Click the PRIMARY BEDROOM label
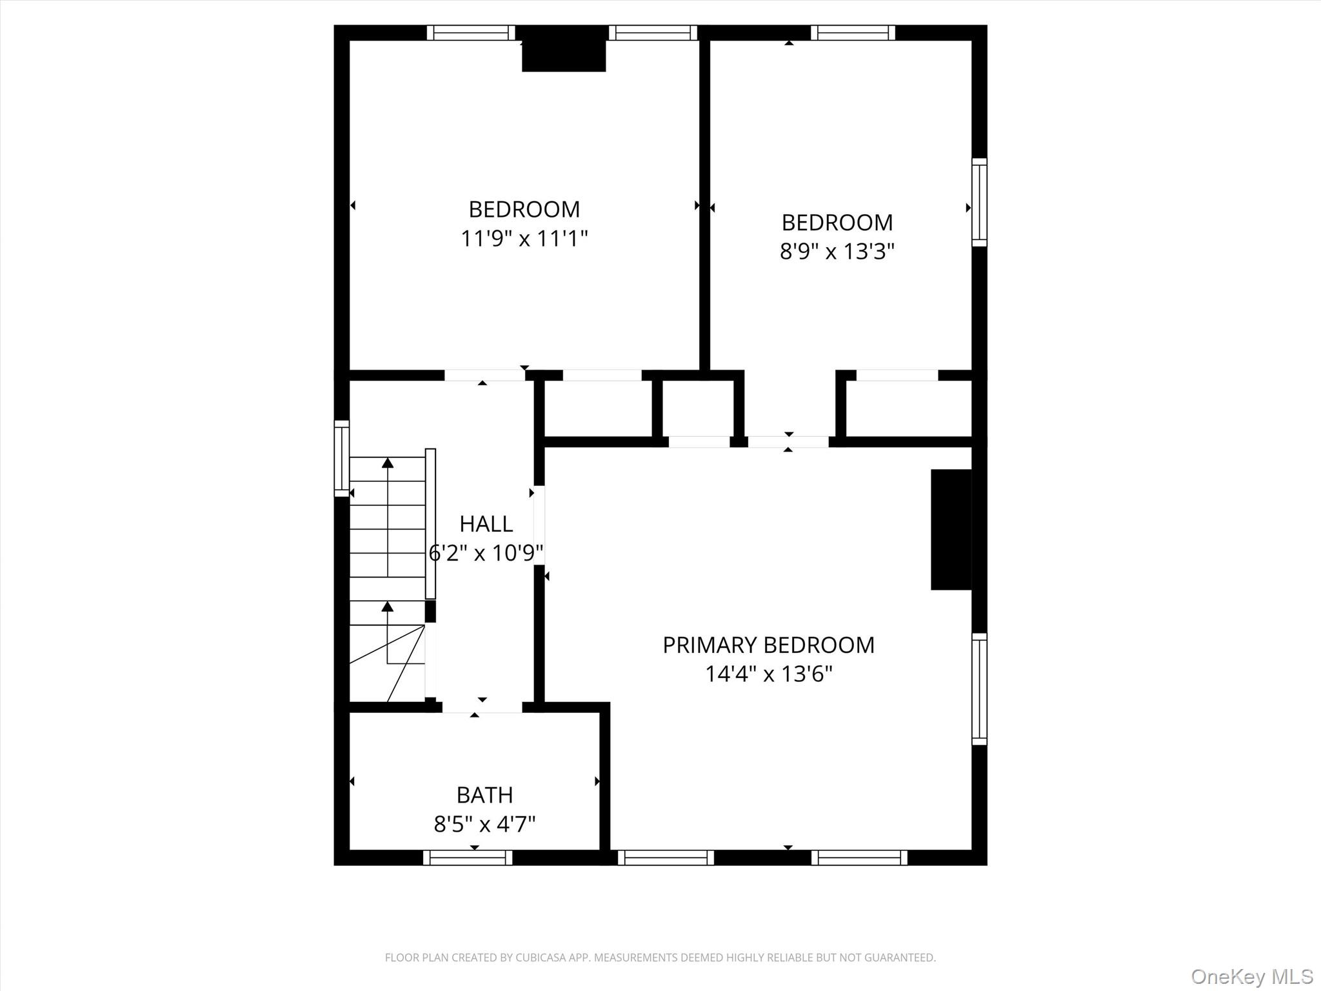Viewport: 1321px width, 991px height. pyautogui.click(x=768, y=645)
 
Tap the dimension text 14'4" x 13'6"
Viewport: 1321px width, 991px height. pyautogui.click(x=768, y=674)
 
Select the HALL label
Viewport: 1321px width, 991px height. pyautogui.click(x=486, y=524)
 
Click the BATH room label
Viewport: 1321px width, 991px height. pyautogui.click(x=484, y=796)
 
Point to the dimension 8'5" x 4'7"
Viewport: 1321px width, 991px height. pyautogui.click(x=484, y=825)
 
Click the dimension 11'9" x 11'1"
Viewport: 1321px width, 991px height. pyautogui.click(x=524, y=239)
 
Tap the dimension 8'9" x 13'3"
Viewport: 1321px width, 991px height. pyautogui.click(x=837, y=252)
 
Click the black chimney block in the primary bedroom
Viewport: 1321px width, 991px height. pyautogui.click(x=951, y=529)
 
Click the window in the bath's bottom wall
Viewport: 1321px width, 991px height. pyautogui.click(x=468, y=857)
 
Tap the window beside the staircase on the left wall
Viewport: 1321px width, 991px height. pyautogui.click(x=341, y=459)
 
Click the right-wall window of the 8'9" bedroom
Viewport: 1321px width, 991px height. pyautogui.click(x=979, y=202)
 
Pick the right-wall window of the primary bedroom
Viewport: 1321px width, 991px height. pyautogui.click(x=979, y=688)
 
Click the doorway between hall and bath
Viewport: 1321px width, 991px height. pyautogui.click(x=482, y=707)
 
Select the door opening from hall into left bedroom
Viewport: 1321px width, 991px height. pyautogui.click(x=484, y=375)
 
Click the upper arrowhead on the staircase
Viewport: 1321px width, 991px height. pyautogui.click(x=388, y=463)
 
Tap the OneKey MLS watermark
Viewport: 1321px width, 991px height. pyautogui.click(x=1252, y=976)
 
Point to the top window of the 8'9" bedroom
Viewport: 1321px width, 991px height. pyautogui.click(x=853, y=32)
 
